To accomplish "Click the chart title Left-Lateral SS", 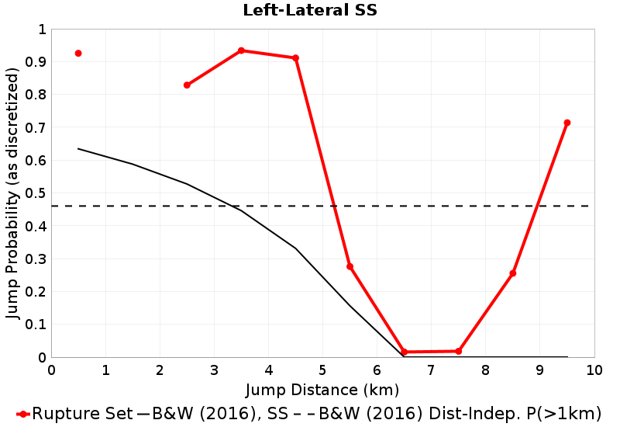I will [310, 11].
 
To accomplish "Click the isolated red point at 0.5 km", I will [78, 53].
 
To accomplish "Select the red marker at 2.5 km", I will [187, 85].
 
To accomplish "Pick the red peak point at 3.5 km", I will [241, 50].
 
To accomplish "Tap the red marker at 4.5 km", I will [295, 58].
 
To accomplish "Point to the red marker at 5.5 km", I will [350, 266].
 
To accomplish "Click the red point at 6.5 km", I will [404, 352].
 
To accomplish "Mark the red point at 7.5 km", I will [459, 352].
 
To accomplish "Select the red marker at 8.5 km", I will [513, 273].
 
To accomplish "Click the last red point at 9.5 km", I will [567, 123].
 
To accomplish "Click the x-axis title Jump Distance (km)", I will [322, 389].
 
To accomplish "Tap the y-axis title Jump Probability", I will [12, 193].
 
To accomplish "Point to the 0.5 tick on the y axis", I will [36, 193].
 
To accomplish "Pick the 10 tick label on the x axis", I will [594, 370].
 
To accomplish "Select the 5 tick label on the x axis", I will [322, 370].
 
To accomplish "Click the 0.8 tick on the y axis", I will [36, 95].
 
